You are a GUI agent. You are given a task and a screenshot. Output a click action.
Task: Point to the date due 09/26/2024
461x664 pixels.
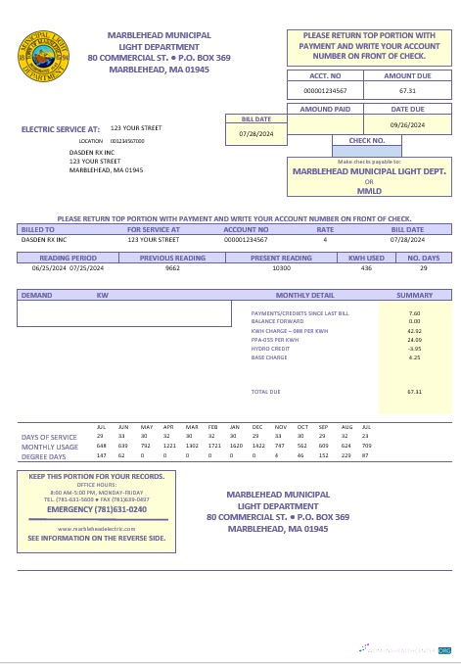[x=407, y=125]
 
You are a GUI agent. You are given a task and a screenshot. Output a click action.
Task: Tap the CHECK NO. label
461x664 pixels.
[x=367, y=140]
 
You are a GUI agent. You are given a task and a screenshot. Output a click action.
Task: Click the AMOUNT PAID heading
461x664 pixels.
[x=324, y=110]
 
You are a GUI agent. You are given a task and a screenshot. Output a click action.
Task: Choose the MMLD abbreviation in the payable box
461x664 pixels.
[x=369, y=190]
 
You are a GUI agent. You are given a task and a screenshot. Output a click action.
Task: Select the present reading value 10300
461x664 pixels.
[x=281, y=267]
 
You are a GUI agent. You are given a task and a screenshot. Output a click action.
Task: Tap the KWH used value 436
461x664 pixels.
[x=366, y=267]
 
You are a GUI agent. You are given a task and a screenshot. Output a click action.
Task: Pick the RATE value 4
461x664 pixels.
[x=324, y=239]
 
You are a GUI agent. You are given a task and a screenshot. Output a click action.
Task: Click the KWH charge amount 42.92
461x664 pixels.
[x=414, y=331]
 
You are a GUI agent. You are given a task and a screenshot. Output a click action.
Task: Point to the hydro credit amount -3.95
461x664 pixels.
[x=414, y=349]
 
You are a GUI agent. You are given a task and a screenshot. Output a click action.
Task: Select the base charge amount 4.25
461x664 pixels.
[x=414, y=357]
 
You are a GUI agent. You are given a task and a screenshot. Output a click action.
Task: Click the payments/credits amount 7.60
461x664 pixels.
[x=414, y=313]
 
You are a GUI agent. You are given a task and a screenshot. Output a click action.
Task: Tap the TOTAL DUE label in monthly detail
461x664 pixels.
[x=265, y=392]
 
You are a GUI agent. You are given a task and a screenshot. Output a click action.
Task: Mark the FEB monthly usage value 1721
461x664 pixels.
[x=214, y=446]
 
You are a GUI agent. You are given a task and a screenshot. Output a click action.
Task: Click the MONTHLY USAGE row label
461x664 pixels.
[x=49, y=447]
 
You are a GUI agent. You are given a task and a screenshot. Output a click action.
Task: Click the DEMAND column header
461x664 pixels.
[x=37, y=295]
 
